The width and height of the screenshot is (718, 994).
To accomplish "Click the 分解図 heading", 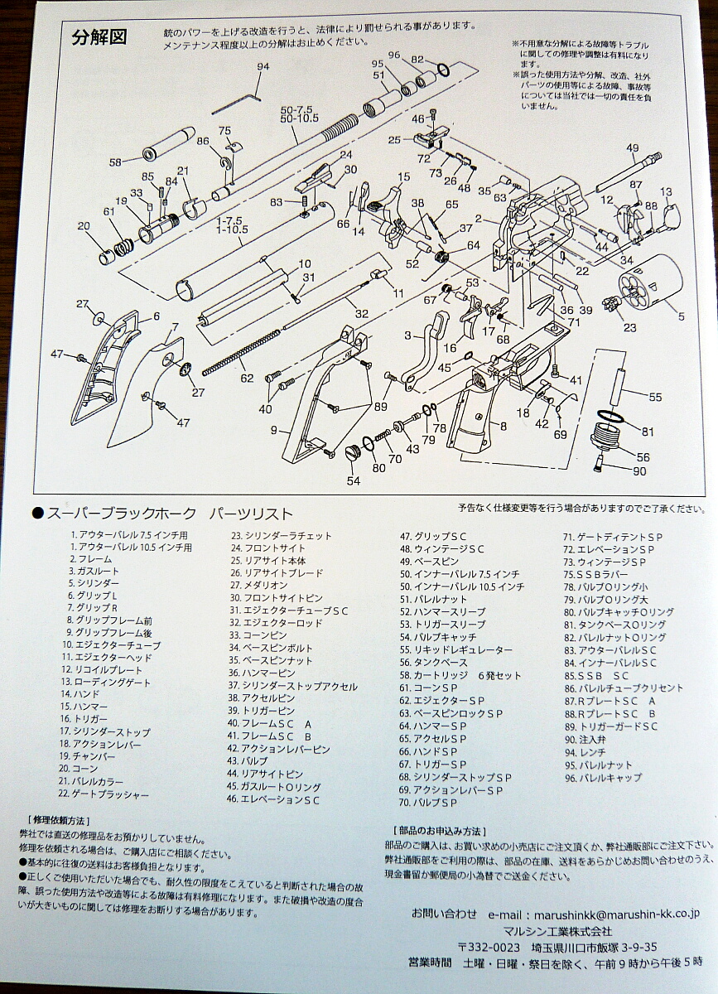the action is click(99, 39).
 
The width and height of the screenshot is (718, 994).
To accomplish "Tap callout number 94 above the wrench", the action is click(263, 66).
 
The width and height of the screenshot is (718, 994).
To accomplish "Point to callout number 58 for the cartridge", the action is click(115, 163).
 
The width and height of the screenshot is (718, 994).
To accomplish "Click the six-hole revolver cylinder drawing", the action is click(647, 281).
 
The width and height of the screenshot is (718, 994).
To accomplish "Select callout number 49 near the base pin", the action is click(633, 148).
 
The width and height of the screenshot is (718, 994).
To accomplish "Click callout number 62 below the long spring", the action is click(247, 378).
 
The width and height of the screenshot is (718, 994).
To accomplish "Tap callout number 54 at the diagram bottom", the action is click(354, 481).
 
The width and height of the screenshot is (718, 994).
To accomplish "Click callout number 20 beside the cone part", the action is click(84, 226).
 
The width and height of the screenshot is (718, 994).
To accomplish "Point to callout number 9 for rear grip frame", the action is click(274, 430).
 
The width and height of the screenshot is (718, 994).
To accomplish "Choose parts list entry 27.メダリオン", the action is click(259, 586).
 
